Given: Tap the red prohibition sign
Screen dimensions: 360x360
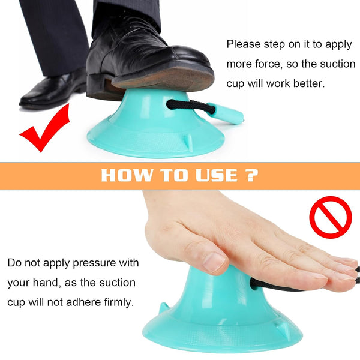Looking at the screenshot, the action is coord(331,217).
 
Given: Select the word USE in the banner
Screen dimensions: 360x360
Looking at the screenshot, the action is coord(217,175).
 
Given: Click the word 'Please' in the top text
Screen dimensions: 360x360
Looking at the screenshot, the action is coord(244,44).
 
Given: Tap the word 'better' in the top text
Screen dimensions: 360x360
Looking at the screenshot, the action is coord(309,83).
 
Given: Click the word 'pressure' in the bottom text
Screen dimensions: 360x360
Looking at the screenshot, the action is coord(94,263).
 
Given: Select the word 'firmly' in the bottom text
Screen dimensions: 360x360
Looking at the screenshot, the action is coord(119,302).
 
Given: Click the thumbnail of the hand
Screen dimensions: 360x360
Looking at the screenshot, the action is coord(214,262).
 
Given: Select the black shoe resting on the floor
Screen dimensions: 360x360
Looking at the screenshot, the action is coord(53,90).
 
